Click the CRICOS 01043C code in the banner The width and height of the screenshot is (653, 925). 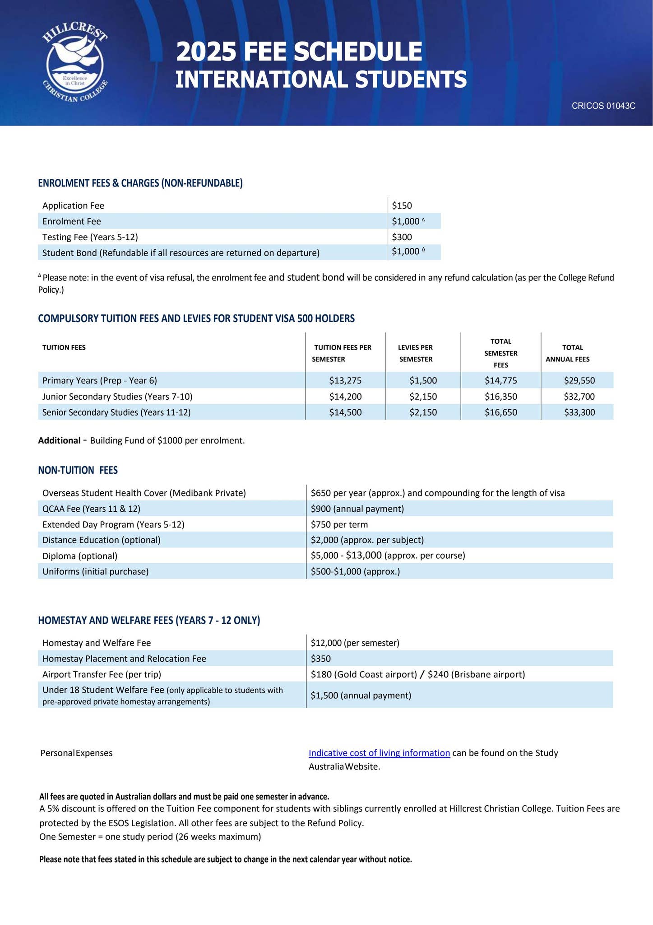603,106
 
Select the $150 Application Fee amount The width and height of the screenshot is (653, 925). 402,206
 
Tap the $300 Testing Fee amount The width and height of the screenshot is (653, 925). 402,237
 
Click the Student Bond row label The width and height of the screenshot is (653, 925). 181,252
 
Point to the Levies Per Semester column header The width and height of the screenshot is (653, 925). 415,353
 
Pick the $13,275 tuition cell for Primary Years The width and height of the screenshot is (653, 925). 345,380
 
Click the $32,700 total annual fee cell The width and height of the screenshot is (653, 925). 579,397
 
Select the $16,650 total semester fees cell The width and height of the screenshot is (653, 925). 500,412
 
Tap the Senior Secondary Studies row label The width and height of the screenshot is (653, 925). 116,412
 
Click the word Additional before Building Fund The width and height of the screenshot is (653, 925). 59,440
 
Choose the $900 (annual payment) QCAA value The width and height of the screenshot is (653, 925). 357,509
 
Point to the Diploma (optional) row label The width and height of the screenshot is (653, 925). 79,556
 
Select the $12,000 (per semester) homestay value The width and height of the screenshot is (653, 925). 355,643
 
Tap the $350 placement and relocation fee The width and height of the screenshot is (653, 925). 320,659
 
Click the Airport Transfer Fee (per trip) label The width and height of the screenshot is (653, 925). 102,674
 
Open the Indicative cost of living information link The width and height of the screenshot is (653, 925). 379,753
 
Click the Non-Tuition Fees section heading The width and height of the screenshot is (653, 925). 78,470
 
